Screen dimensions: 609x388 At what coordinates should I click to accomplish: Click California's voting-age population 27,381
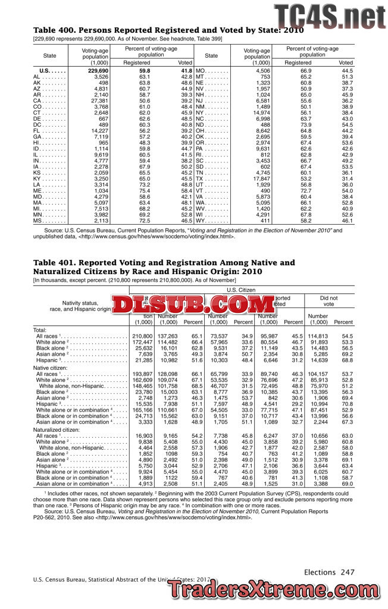click(x=98, y=101)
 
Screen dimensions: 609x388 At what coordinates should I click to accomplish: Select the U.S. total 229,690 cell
click(x=98, y=71)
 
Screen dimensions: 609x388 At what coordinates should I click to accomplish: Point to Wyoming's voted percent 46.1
click(x=346, y=221)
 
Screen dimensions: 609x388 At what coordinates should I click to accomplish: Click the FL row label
click(x=37, y=131)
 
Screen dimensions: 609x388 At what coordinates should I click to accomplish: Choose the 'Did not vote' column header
click(x=328, y=300)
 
